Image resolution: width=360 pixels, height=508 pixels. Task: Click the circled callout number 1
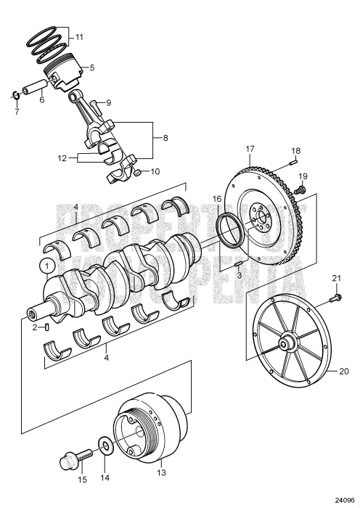pyautogui.click(x=46, y=266)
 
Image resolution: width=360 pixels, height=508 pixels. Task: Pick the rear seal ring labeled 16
pyautogui.click(x=229, y=224)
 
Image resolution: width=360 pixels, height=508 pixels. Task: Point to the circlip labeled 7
pyautogui.click(x=15, y=95)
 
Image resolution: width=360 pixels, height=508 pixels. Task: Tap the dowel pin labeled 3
pyautogui.click(x=240, y=263)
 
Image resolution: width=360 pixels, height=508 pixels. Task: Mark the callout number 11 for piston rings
pyautogui.click(x=79, y=35)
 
